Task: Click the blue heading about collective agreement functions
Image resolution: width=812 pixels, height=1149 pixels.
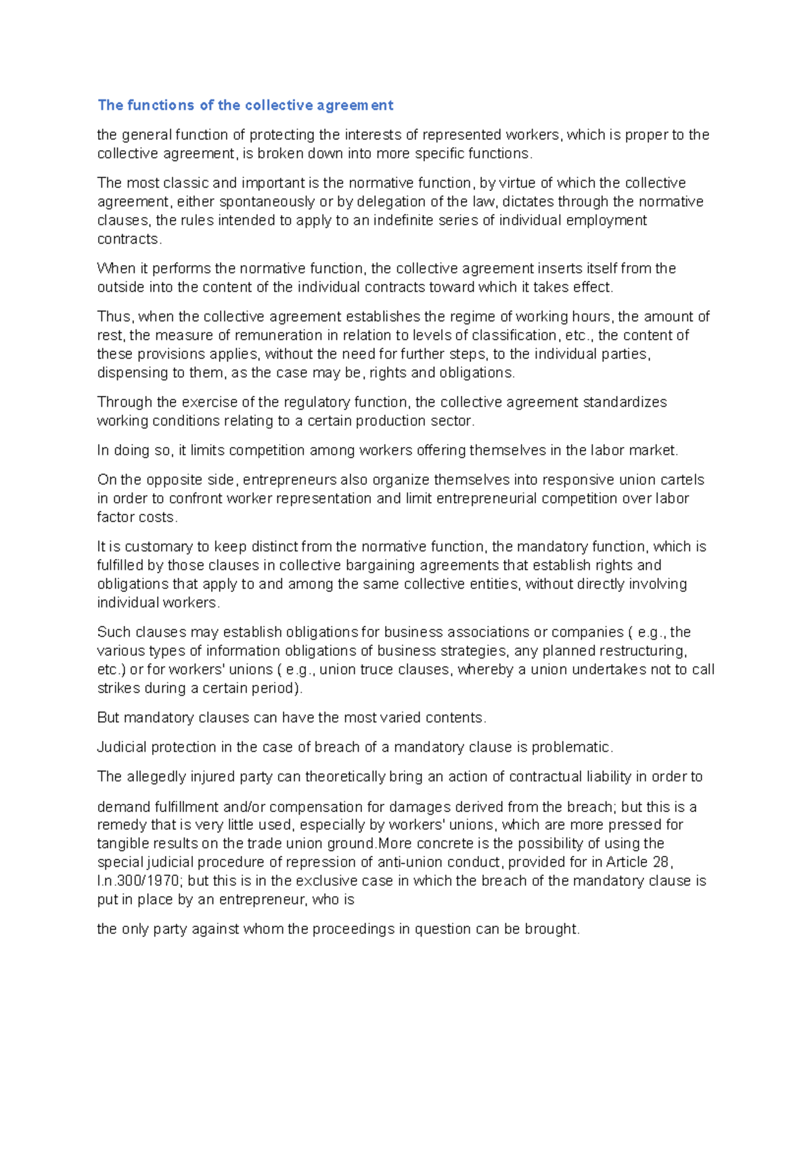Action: [x=245, y=105]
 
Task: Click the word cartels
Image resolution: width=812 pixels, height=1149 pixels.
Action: [x=681, y=480]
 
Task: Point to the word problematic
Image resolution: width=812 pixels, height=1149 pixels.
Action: [x=571, y=747]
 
